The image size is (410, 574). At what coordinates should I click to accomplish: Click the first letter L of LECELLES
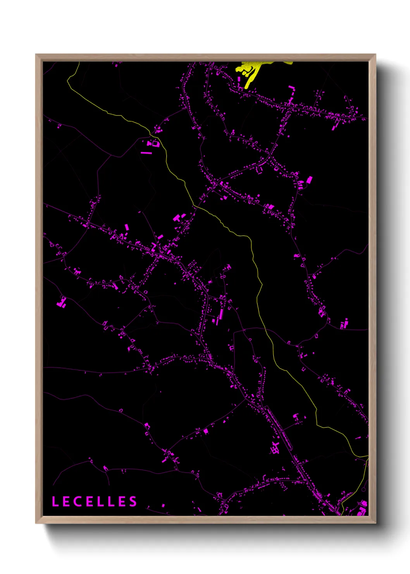[x=55, y=501]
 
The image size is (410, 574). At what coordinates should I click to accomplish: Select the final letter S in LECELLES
[x=133, y=501]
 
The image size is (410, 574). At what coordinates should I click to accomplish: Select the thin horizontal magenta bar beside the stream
[x=146, y=153]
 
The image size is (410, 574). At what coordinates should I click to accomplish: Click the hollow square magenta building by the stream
[x=155, y=143]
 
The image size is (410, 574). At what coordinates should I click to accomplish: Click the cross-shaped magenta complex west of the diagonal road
[x=275, y=448]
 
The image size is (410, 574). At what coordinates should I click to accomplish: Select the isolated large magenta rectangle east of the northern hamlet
[x=309, y=180]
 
